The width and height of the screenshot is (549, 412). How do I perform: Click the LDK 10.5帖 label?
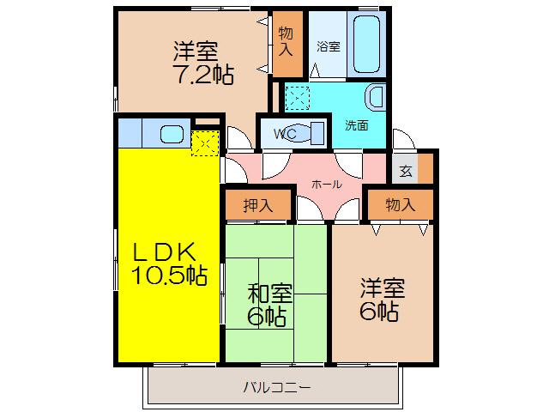coord(169,264)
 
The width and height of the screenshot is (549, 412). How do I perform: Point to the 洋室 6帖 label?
coord(378,299)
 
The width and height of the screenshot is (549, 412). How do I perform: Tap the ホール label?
coord(327,184)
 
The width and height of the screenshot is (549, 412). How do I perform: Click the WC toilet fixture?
coord(315,133)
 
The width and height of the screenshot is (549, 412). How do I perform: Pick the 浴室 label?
coord(328,45)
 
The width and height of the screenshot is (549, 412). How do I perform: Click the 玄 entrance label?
coord(406,170)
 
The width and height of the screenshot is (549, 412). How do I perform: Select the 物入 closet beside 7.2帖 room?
coord(287,43)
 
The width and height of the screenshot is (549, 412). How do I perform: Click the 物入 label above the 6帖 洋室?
coord(400,205)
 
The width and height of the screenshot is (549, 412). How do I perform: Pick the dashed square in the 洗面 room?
coord(299,98)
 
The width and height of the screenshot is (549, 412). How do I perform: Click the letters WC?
coord(285,134)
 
